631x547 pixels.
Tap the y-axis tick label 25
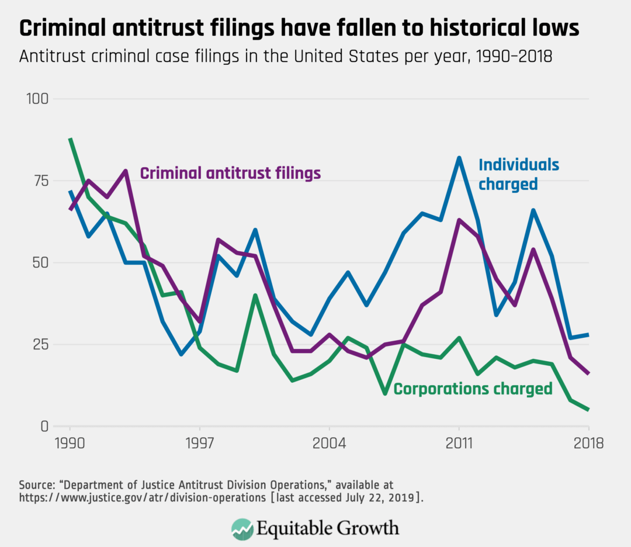pos(39,344)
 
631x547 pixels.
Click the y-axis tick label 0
pos(43,426)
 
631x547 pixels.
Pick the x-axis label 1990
pos(70,443)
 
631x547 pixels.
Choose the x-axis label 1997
pos(200,443)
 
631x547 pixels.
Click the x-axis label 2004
pos(330,443)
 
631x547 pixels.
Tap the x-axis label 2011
pos(459,443)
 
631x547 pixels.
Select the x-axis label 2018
pos(588,443)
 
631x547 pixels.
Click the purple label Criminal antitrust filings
pos(230,173)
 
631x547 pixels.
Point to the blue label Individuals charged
pos(519,174)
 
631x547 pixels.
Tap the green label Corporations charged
pos(473,389)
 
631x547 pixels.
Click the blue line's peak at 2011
pos(459,158)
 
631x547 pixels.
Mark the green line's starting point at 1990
pos(70,139)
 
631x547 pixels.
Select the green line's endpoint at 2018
pos(588,410)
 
